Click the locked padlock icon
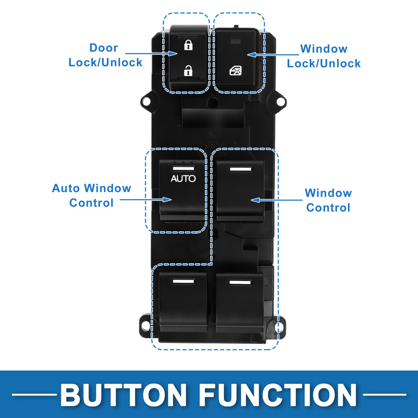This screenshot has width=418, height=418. (188, 45)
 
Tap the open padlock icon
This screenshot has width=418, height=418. (188, 71)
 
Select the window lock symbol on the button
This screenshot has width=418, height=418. (235, 71)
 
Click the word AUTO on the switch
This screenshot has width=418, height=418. (183, 179)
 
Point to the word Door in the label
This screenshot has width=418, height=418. (104, 48)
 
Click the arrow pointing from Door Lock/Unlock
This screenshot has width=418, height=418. (151, 53)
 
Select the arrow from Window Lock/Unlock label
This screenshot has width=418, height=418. (273, 55)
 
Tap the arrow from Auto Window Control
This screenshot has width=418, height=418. (145, 199)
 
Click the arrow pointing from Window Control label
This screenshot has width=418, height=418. (277, 200)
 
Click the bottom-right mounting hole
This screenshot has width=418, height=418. (280, 326)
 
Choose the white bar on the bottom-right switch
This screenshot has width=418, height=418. (240, 282)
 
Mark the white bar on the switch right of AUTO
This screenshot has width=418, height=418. (240, 169)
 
